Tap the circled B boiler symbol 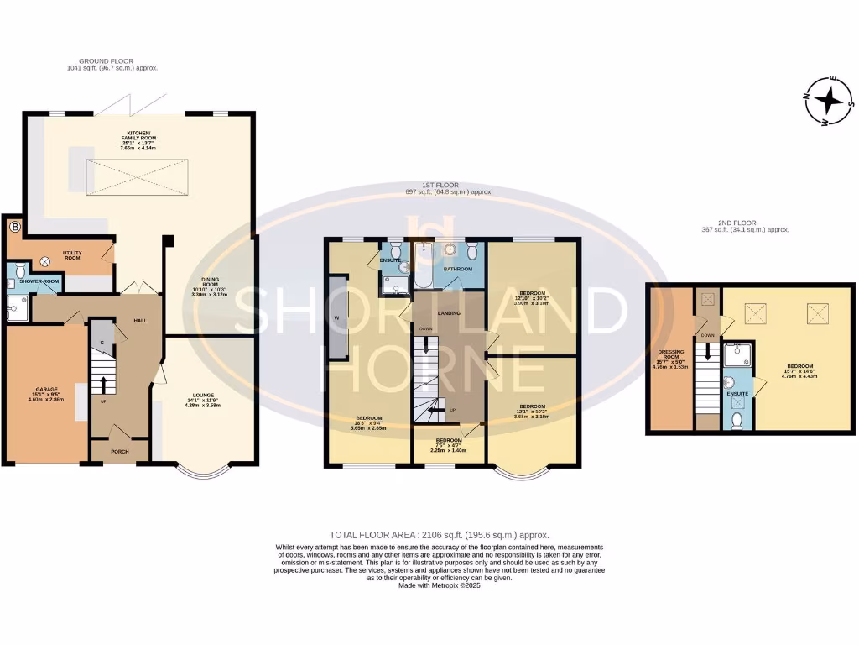(14, 227)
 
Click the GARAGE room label (46, 389)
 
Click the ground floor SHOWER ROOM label (40, 281)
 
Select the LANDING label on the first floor (448, 313)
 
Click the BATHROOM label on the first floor (458, 269)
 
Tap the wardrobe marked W (336, 317)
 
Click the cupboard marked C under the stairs (102, 342)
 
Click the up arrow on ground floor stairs (104, 384)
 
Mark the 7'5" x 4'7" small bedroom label (448, 444)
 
